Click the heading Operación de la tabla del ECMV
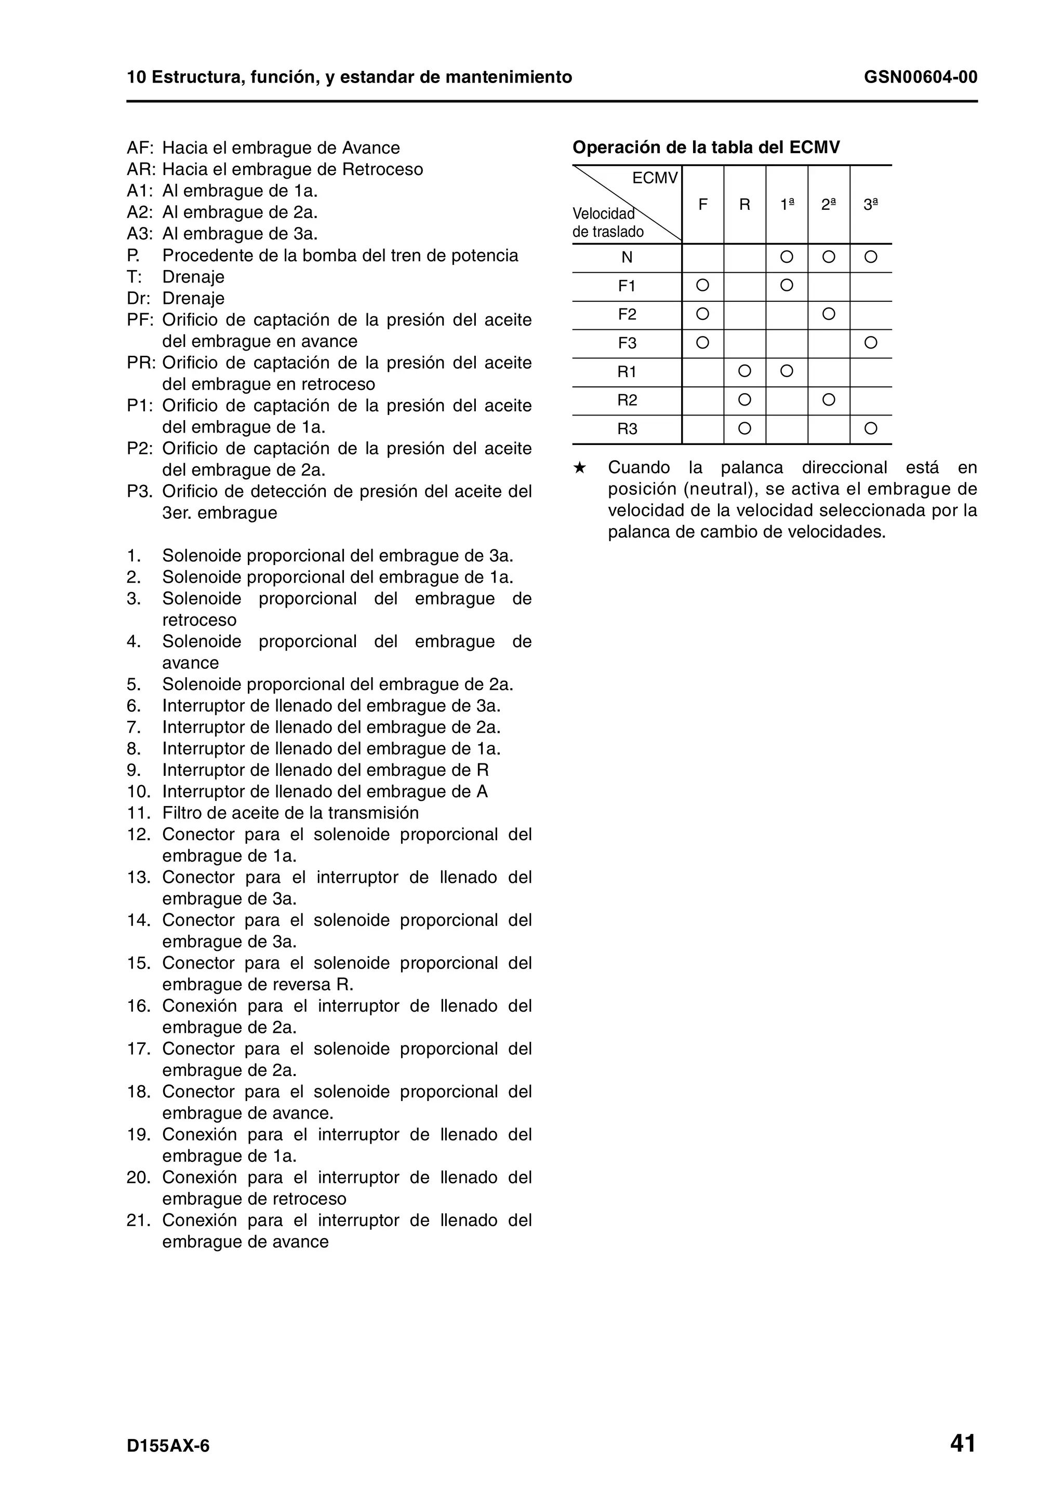pyautogui.click(x=706, y=147)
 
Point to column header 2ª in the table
pyautogui.click(x=829, y=205)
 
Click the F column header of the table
pyautogui.click(x=703, y=205)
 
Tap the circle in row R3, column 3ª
pyautogui.click(x=871, y=428)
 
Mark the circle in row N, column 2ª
pyautogui.click(x=829, y=257)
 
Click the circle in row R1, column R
pyautogui.click(x=744, y=371)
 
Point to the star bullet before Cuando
pyautogui.click(x=579, y=468)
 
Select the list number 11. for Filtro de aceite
pyautogui.click(x=138, y=813)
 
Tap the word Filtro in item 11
pyautogui.click(x=182, y=813)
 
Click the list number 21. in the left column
pyautogui.click(x=138, y=1220)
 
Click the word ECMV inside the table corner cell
pyautogui.click(x=654, y=178)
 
